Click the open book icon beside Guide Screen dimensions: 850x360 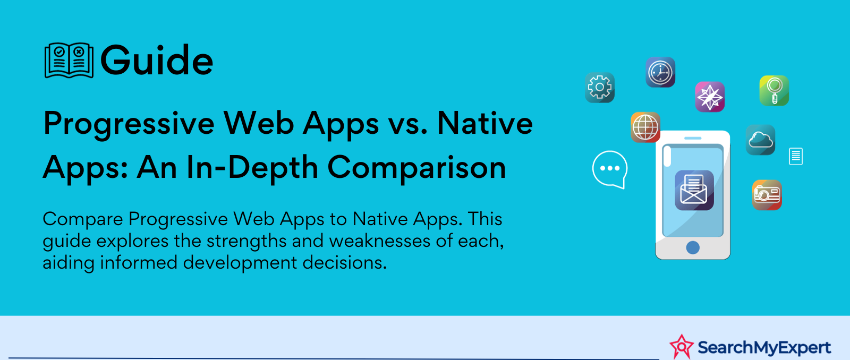pyautogui.click(x=69, y=61)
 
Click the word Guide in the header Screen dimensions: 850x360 pyautogui.click(x=157, y=61)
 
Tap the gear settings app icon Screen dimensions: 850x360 pyautogui.click(x=600, y=88)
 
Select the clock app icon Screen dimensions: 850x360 pyautogui.click(x=660, y=72)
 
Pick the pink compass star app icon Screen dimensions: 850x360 pyautogui.click(x=710, y=97)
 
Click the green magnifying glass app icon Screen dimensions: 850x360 pyautogui.click(x=774, y=91)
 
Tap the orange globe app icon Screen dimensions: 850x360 pyautogui.click(x=645, y=127)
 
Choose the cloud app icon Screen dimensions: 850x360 pyautogui.click(x=760, y=140)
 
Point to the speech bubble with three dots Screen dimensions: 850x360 pyautogui.click(x=610, y=169)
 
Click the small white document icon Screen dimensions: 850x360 pyautogui.click(x=796, y=156)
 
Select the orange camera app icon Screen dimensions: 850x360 pyautogui.click(x=767, y=195)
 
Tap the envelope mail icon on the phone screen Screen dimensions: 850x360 pyautogui.click(x=694, y=190)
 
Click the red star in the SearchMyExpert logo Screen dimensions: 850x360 pyautogui.click(x=682, y=347)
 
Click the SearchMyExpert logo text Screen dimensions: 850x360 pyautogui.click(x=764, y=347)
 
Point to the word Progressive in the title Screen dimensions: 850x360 pyautogui.click(x=129, y=124)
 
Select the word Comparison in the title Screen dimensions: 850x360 pyautogui.click(x=416, y=168)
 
